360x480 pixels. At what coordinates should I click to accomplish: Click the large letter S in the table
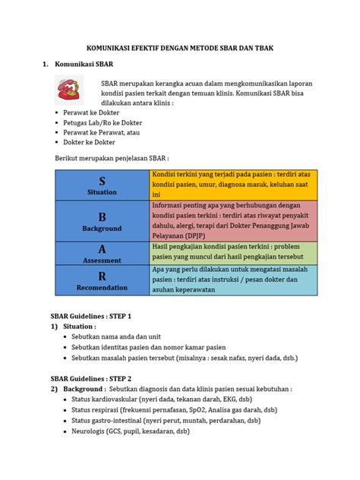coord(102,180)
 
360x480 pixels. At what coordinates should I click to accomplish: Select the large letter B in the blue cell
coord(102,216)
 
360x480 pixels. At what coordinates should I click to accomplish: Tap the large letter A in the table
coord(102,248)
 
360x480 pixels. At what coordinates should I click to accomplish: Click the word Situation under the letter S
coord(102,192)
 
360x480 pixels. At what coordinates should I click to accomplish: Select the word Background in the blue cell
coord(102,228)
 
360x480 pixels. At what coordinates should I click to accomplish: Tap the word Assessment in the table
coord(102,260)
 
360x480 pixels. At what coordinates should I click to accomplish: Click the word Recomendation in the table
coord(102,289)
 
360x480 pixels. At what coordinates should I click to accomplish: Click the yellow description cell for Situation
coord(233,185)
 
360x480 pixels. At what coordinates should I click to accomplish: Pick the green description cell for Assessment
coord(233,254)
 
